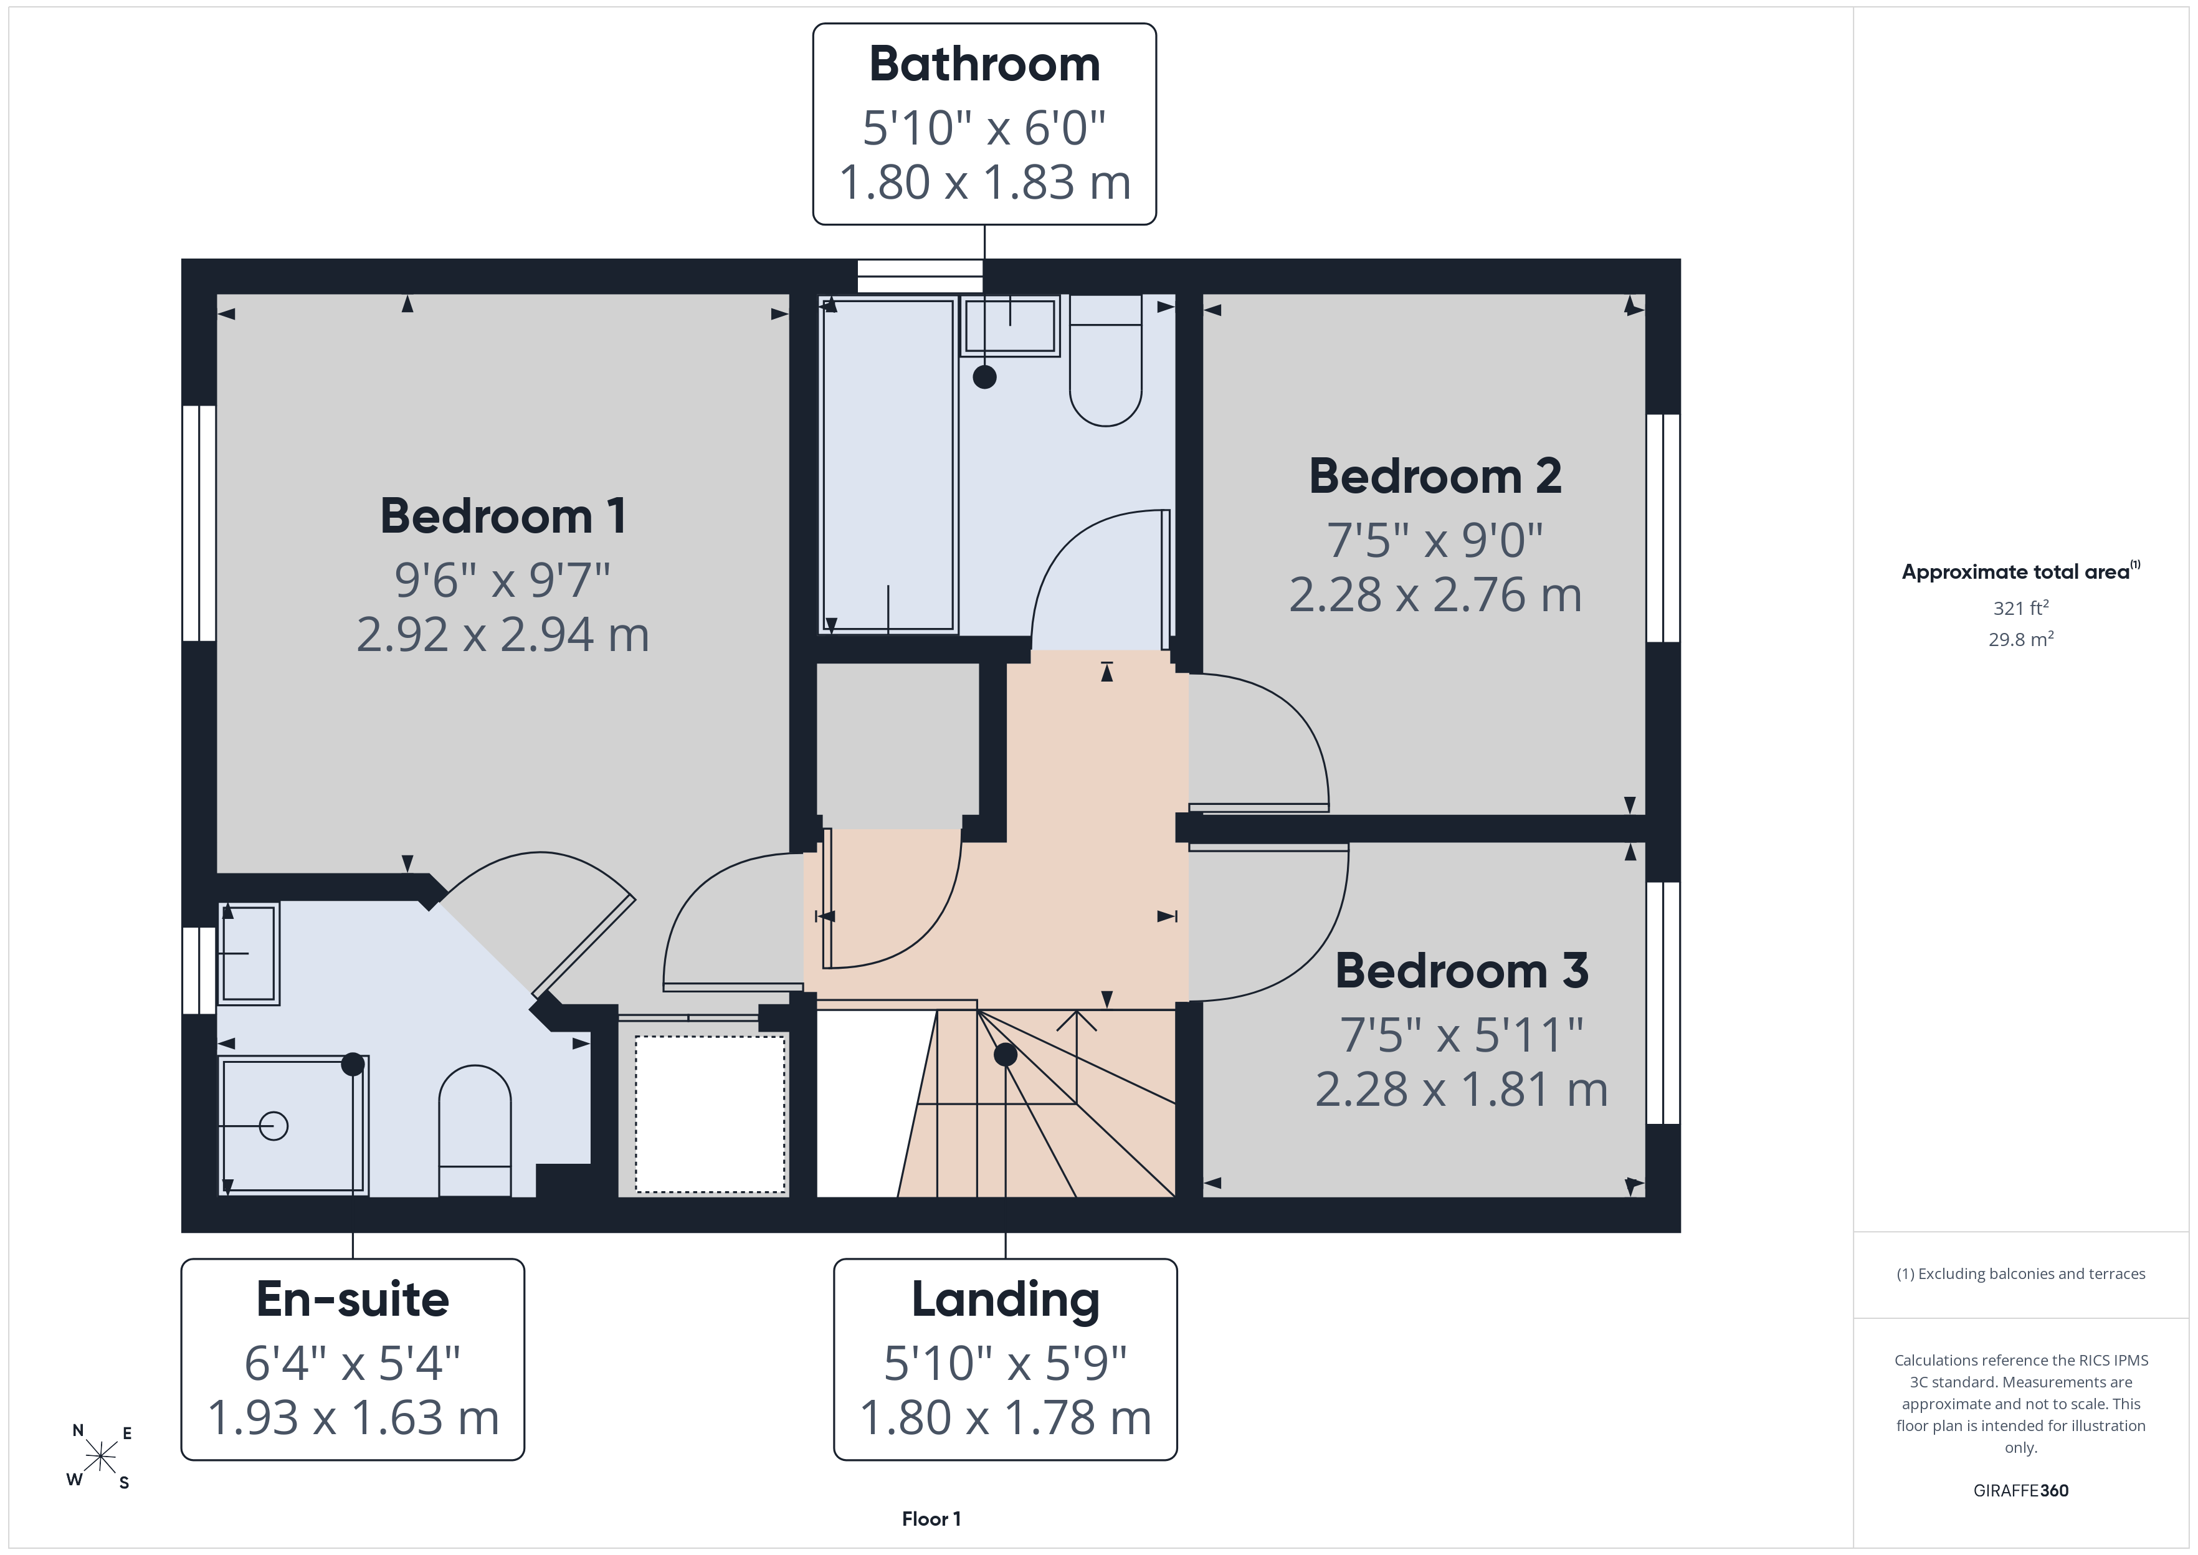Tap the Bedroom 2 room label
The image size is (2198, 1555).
pos(1435,476)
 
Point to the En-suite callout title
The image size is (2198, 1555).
pos(352,1300)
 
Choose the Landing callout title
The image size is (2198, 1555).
pos(1005,1300)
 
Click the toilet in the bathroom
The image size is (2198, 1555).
pos(1106,360)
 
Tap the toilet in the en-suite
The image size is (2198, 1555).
pos(475,1131)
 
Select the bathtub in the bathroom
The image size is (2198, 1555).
pos(888,465)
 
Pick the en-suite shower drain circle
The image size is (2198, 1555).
pos(274,1126)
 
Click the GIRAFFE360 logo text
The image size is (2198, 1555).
pos(2021,1491)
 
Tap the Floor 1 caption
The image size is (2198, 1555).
pos(931,1519)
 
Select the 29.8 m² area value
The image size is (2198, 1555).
pos(2021,639)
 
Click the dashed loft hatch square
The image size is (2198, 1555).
pos(710,1115)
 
